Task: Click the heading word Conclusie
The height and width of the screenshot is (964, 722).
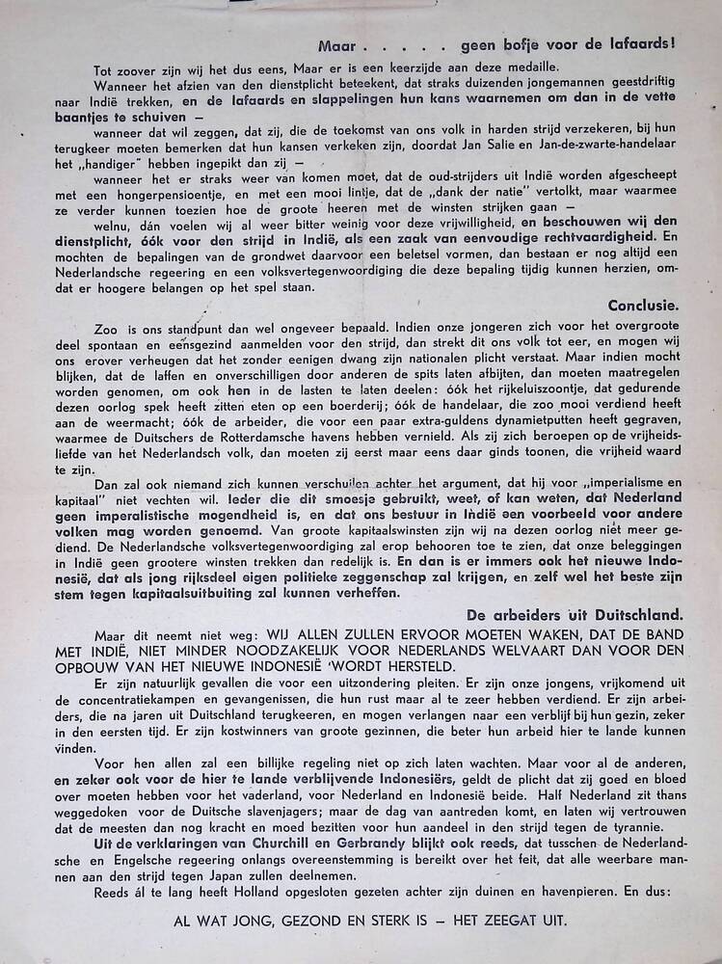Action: [x=646, y=305]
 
